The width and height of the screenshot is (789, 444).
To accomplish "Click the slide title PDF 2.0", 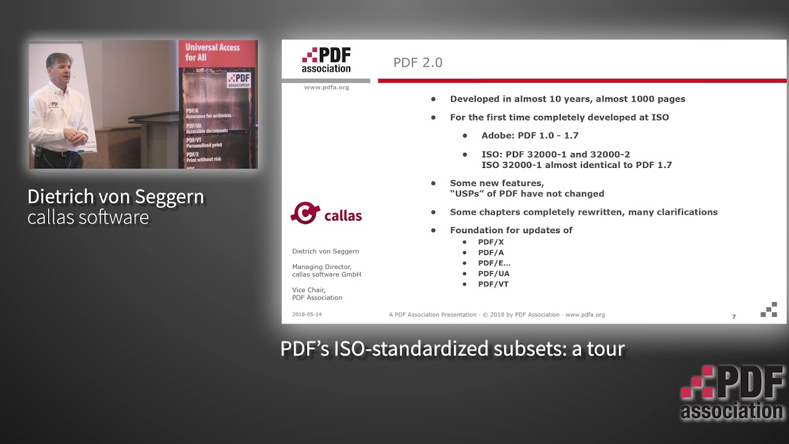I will pos(417,63).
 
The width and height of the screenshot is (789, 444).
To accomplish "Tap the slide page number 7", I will pos(734,316).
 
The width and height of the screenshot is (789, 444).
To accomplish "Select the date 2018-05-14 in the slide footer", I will pos(306,314).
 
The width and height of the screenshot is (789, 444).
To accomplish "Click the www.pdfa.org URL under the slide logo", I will pos(326,88).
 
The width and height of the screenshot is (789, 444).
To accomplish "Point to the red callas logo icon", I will pos(305,213).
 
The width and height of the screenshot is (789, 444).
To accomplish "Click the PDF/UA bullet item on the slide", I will pos(493,274).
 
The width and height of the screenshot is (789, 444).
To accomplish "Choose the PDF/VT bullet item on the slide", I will pos(493,284).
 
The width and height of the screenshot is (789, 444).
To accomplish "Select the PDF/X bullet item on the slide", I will pos(491,242).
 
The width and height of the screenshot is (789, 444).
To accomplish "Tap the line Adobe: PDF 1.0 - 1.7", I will pos(529,136).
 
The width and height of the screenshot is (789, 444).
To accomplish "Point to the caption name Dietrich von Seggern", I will pos(115,197).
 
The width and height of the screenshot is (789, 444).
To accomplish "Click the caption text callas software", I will pos(88,217).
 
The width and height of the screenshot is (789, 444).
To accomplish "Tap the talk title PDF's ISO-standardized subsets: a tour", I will pos(452,349).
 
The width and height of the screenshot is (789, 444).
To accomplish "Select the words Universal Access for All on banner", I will pos(213,52).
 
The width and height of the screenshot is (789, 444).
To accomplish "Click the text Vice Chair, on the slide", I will pos(308,290).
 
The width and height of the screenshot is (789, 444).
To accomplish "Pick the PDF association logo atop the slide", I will pos(326,60).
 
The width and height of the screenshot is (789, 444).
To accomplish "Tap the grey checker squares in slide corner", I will pos(769,310).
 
